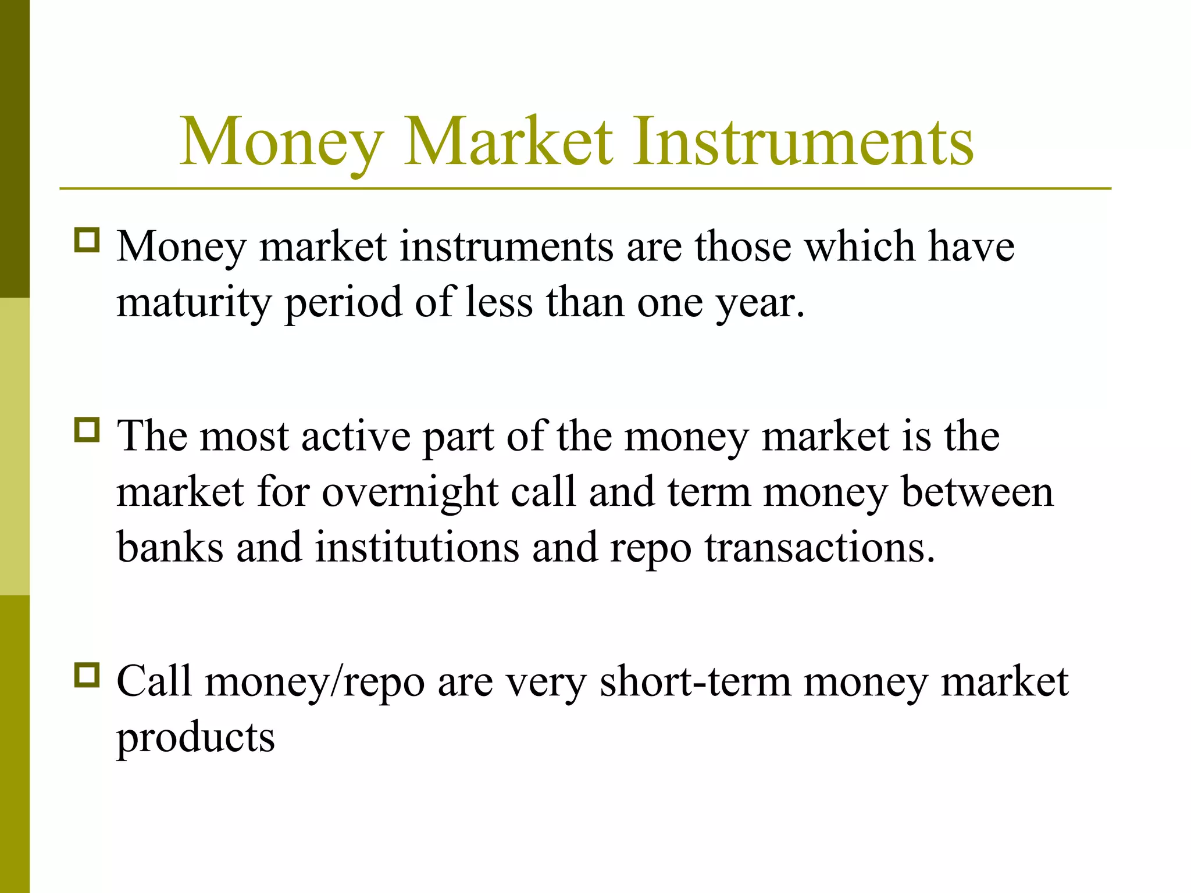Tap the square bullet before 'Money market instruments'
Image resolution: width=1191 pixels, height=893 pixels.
(x=87, y=240)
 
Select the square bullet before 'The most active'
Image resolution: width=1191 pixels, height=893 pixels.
(x=87, y=430)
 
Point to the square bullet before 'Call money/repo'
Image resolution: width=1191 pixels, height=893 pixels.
(x=87, y=675)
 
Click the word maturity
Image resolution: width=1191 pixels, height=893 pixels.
(x=194, y=302)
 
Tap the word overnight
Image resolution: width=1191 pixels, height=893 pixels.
(x=410, y=492)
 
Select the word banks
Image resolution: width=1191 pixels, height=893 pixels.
(x=170, y=547)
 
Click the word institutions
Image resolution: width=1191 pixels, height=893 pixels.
(x=416, y=547)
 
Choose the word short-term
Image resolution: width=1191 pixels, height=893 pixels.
(x=695, y=681)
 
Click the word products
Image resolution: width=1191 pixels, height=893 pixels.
(x=195, y=737)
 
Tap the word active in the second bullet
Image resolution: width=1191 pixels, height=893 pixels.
(x=356, y=436)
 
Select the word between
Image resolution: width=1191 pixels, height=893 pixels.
(x=977, y=492)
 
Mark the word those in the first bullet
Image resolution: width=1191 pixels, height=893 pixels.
(x=743, y=247)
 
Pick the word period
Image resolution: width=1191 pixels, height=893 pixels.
(x=343, y=302)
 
